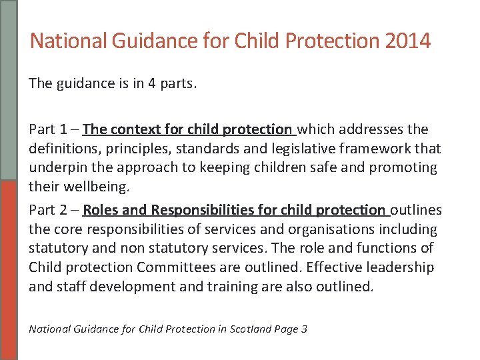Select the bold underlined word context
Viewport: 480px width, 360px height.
click(x=137, y=129)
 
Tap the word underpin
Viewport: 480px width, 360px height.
click(x=55, y=167)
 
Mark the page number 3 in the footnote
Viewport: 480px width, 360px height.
click(x=304, y=329)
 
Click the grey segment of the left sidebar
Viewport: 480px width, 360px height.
click(x=8, y=90)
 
